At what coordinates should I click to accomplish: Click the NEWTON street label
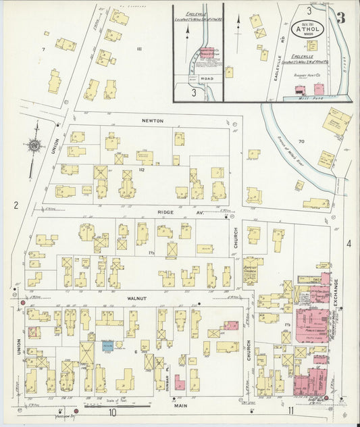pos(153,120)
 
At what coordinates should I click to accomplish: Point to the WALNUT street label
pos(136,298)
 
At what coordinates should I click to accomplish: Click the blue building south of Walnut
pos(107,345)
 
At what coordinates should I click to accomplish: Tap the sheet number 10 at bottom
pos(111,412)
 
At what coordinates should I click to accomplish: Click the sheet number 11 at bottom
pos(290,410)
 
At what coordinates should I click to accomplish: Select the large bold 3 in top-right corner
pos(341,18)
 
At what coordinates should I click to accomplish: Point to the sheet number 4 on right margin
pos(349,243)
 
